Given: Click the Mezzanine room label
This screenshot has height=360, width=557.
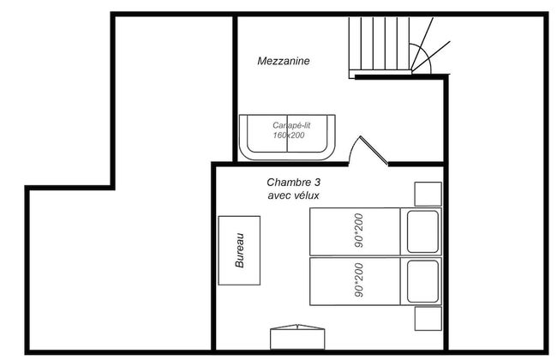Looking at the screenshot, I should pos(283,62).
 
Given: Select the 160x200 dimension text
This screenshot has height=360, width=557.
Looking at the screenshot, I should pos(288,135).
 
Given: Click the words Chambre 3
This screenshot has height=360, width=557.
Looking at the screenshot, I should pos(293,183).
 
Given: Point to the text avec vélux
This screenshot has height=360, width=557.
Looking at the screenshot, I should pos(293,195).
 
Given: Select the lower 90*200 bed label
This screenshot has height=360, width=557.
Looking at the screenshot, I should pos(358,281).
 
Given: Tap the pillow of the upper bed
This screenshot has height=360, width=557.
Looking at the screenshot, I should pos(422,231).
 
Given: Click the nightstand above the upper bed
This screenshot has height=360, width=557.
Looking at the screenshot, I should pos(427,194).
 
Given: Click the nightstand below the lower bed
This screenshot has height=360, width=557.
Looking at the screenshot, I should pos(427,319).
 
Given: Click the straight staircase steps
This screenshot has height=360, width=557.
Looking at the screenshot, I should pos(376,45).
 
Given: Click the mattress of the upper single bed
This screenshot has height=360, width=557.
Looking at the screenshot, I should pos(355,231).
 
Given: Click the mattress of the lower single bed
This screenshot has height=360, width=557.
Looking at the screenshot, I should pos(355,281).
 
